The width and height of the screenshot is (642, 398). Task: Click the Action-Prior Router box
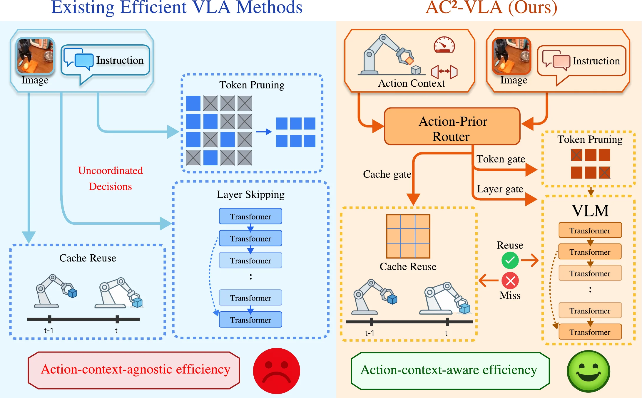(x=452, y=127)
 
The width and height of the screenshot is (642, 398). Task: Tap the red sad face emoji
(x=276, y=371)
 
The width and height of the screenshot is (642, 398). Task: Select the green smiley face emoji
(x=588, y=371)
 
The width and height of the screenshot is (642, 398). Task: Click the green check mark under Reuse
(x=510, y=260)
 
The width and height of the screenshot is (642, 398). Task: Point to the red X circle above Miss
(x=510, y=281)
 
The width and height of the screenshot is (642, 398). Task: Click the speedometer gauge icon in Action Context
(x=444, y=45)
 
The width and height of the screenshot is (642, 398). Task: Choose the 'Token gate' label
(x=500, y=159)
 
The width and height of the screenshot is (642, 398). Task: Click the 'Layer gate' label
(x=500, y=189)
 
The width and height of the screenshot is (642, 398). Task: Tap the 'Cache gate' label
(x=387, y=174)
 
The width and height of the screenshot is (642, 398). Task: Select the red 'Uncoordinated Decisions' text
(x=111, y=178)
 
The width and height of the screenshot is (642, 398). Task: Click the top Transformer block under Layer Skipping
(x=250, y=216)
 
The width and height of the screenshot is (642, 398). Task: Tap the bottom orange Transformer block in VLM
(x=590, y=332)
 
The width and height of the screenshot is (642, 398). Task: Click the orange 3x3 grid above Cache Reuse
(x=408, y=236)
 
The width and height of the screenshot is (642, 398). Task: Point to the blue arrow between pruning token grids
(x=263, y=132)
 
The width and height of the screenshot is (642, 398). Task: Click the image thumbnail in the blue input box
(x=35, y=56)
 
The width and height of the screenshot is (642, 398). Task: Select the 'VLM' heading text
(x=590, y=211)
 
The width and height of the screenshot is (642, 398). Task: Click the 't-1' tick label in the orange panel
(x=370, y=333)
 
